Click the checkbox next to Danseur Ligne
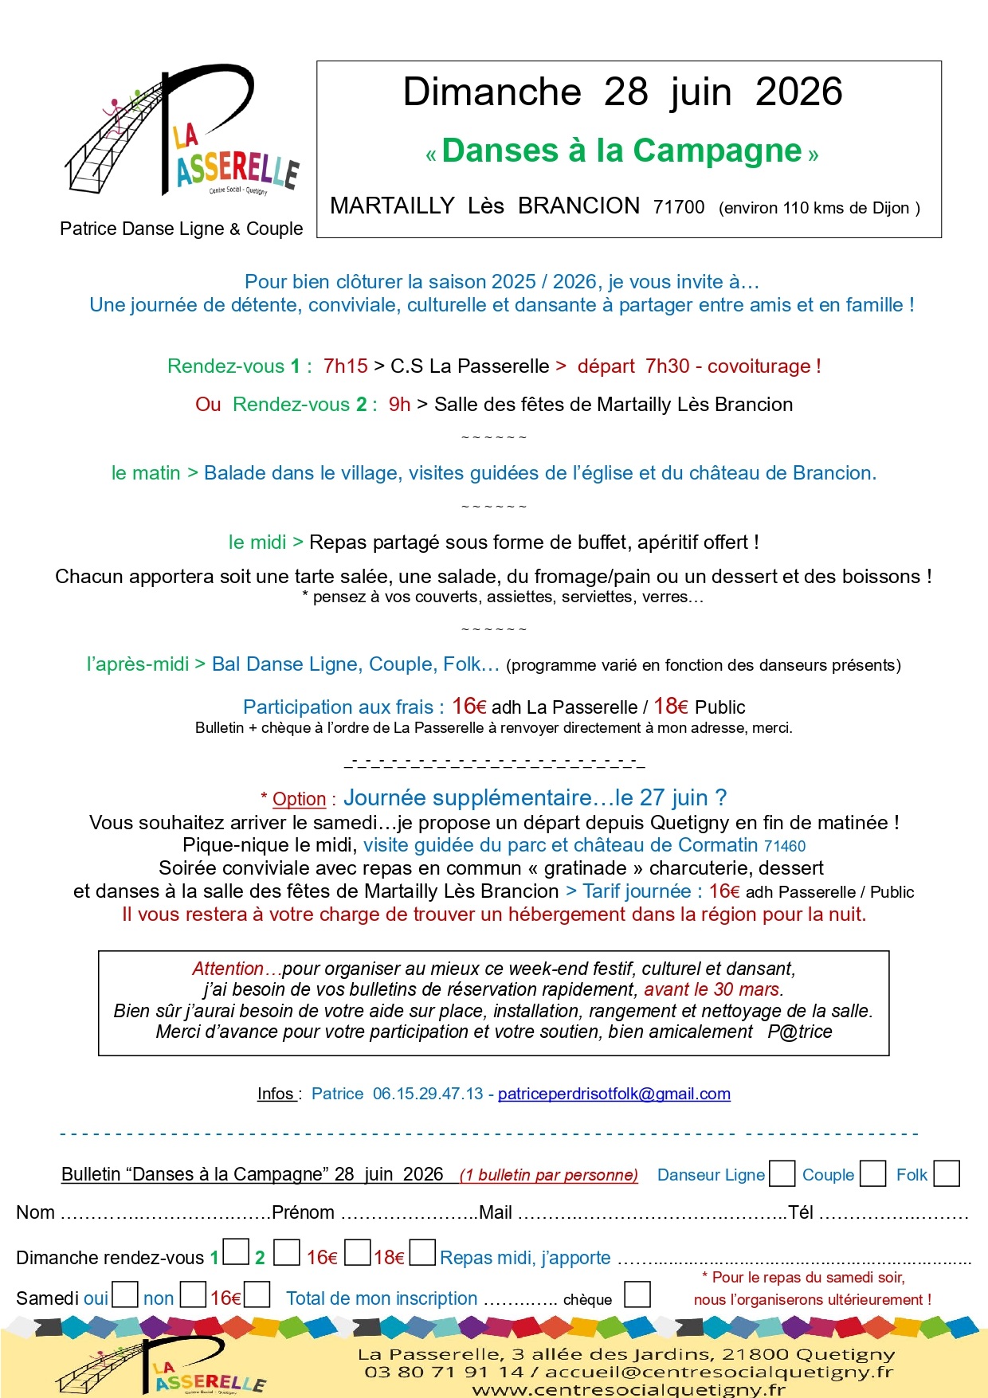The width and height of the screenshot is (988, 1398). click(782, 1173)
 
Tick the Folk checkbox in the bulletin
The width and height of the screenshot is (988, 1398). click(946, 1173)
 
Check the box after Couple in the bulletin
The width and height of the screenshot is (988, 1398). click(873, 1173)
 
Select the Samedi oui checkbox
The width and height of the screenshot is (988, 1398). click(125, 1294)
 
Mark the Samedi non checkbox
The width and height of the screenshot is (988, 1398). click(193, 1294)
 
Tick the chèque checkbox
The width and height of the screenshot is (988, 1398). click(637, 1294)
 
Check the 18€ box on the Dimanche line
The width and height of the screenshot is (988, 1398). click(422, 1252)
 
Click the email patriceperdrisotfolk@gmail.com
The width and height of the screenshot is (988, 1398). click(614, 1094)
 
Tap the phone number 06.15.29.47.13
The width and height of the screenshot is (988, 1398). click(428, 1094)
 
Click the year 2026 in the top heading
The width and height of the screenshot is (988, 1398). click(798, 92)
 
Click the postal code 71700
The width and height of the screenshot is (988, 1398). click(679, 207)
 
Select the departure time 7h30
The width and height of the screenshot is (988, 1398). click(667, 366)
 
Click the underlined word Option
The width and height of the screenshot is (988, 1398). click(299, 799)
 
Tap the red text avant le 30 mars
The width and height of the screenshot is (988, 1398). click(712, 989)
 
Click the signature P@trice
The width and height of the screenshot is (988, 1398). click(800, 1032)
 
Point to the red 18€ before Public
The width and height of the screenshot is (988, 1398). click(670, 707)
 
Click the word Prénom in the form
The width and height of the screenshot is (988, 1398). click(303, 1212)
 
